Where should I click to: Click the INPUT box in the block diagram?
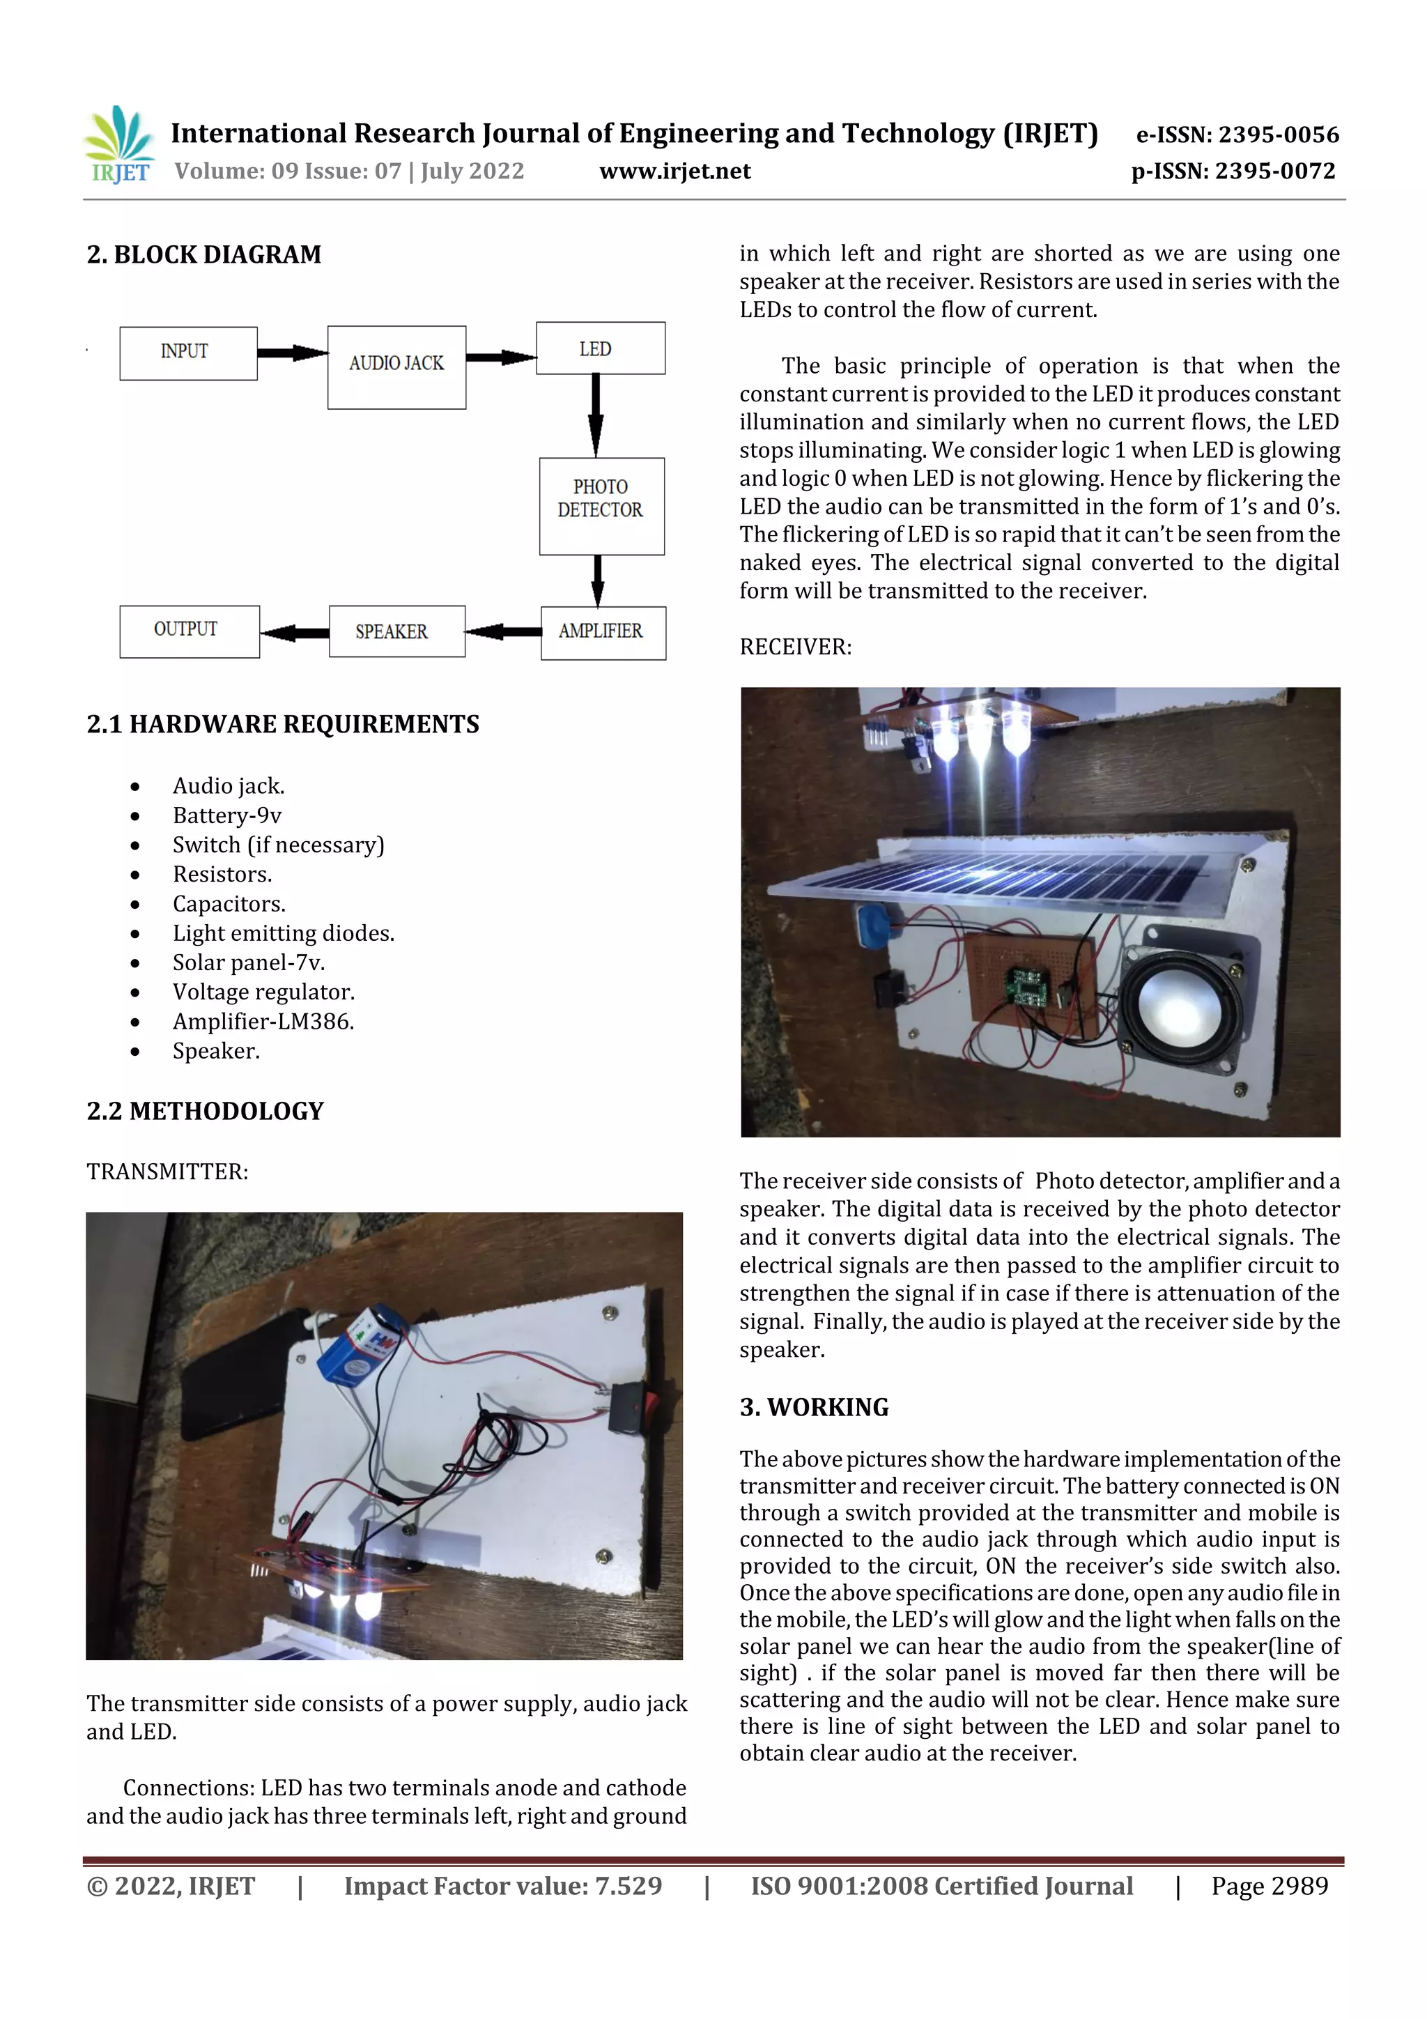(x=188, y=353)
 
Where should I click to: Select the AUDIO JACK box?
(x=396, y=367)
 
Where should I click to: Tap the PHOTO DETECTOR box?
(x=601, y=506)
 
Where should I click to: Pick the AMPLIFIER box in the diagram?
(x=603, y=632)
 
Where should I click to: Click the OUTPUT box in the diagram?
(x=189, y=631)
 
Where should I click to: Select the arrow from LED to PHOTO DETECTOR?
(x=596, y=415)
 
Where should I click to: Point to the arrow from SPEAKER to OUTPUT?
(x=295, y=632)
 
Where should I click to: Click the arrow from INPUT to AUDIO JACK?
(x=292, y=353)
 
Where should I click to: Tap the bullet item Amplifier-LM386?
(x=263, y=1022)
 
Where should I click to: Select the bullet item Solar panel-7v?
(x=249, y=963)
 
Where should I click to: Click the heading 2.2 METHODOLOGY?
(x=205, y=1112)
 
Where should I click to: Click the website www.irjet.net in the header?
(x=674, y=171)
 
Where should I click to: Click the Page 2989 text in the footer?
(x=1269, y=1886)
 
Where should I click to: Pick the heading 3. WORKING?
(x=813, y=1408)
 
